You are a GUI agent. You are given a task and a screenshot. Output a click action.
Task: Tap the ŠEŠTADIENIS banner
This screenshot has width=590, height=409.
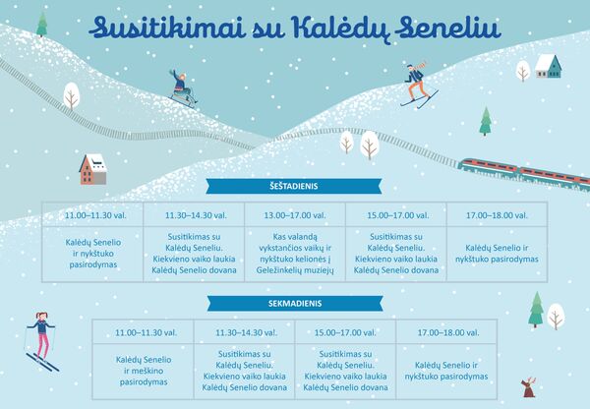click(x=294, y=186)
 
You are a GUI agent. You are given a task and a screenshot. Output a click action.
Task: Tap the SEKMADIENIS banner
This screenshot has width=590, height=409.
click(x=295, y=303)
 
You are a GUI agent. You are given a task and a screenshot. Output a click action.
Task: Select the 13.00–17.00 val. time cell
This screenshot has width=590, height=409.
click(x=295, y=215)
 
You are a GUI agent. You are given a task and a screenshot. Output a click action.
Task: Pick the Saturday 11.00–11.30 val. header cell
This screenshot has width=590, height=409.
click(x=92, y=215)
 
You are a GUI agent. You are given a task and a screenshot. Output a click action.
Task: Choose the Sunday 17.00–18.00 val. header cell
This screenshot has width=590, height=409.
click(x=447, y=332)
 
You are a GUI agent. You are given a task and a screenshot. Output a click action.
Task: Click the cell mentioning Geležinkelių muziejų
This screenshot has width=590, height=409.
click(x=295, y=254)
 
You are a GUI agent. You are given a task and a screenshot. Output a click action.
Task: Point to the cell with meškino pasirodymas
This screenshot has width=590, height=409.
click(x=144, y=371)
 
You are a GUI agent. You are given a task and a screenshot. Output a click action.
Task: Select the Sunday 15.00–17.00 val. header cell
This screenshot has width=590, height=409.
click(x=345, y=332)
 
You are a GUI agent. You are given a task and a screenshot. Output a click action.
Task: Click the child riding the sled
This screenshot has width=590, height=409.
click(x=183, y=88)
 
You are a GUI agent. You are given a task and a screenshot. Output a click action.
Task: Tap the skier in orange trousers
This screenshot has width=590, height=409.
click(x=419, y=85)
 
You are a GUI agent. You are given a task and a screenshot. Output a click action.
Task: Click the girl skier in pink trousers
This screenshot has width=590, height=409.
click(x=41, y=340)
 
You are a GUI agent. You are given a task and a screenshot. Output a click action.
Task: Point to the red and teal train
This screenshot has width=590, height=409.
click(x=524, y=173)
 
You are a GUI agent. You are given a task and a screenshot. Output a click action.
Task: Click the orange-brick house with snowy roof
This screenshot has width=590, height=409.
click(x=93, y=169)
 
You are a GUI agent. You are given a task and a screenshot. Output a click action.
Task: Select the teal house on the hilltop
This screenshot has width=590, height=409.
click(x=549, y=66)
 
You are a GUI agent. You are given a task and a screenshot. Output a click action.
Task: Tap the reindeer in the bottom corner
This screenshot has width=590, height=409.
click(x=528, y=387)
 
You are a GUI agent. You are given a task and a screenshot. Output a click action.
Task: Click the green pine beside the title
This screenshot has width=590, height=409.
click(x=41, y=24)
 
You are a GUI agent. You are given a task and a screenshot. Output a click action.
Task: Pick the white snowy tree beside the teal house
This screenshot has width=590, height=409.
click(x=523, y=71)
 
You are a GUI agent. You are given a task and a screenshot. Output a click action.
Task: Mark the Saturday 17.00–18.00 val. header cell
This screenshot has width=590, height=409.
click(x=497, y=215)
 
